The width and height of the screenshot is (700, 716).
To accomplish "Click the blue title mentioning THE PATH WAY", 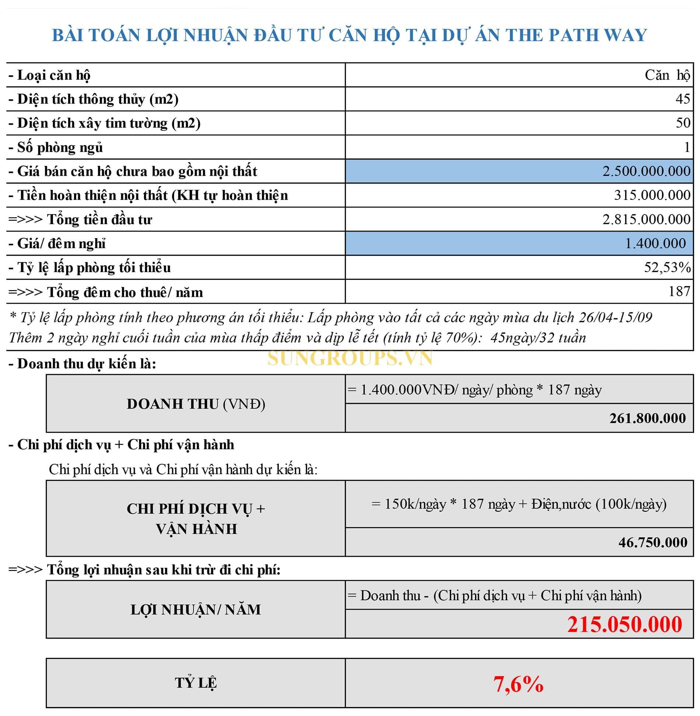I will pos(349,35).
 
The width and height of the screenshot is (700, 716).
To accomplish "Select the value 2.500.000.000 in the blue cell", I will pos(646,171).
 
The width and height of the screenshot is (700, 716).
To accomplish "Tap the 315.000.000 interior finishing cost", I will pos(652,195).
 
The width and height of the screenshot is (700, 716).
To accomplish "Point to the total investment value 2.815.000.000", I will pos(646,220).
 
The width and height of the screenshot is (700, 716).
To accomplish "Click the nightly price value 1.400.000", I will pos(655,244).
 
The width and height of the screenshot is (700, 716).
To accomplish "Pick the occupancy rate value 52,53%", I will pos(667,268).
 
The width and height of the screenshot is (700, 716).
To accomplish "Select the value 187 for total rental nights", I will pos(679,292).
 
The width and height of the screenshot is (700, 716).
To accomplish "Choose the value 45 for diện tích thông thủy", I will pos(683,99).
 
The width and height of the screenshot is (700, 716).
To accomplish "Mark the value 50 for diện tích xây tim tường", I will pos(683,123).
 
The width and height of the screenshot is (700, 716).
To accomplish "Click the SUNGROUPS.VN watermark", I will pos(350,358).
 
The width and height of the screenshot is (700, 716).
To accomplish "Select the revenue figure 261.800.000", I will pos(647,418).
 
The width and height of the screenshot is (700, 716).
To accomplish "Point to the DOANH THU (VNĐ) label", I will pos(196,404).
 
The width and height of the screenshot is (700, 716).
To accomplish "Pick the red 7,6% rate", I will pos(518,684).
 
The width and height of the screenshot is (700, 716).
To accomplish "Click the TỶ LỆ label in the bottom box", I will pos(196,683).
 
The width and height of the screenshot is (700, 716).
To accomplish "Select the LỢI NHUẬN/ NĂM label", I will pos(196,610).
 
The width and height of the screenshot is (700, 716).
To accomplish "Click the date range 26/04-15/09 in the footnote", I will pos(615,318).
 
